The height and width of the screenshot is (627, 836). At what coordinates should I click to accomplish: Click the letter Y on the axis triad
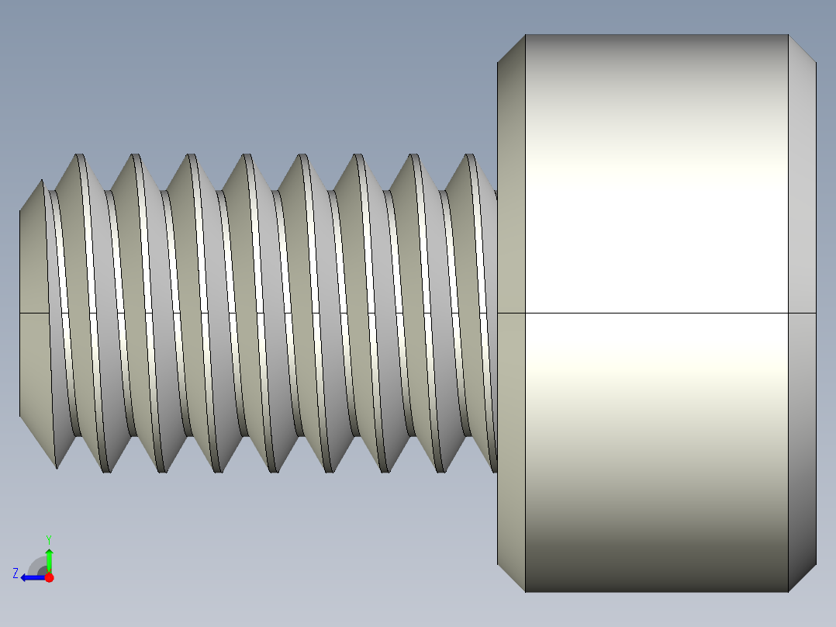coord(49,539)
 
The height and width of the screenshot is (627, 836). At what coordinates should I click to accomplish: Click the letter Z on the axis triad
coord(16,573)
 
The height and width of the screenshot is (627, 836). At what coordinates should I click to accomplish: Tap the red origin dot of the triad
coord(49,577)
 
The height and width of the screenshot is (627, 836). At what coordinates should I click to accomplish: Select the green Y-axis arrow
coord(49,559)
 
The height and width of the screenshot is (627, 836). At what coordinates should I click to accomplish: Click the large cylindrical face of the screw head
coord(656,233)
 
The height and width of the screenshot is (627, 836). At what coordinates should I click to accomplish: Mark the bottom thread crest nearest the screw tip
coord(57,466)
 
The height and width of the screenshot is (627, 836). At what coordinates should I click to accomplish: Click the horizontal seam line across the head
coord(656,313)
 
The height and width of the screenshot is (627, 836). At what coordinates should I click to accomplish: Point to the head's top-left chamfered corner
coord(511,49)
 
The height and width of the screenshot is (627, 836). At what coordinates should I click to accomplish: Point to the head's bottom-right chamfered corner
coord(802,577)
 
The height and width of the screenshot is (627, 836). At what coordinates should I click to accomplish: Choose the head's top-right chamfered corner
coord(802,49)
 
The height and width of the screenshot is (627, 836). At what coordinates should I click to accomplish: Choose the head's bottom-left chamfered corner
coord(511,577)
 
